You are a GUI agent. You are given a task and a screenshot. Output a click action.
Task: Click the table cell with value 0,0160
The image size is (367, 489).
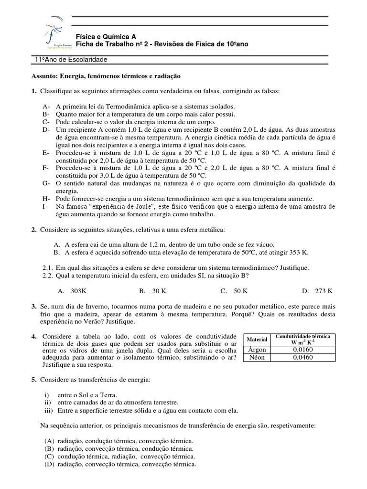point(302,350)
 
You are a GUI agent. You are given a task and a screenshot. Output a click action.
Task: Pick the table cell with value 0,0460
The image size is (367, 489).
point(302,357)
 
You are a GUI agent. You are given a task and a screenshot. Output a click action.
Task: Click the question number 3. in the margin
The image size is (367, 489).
point(34,306)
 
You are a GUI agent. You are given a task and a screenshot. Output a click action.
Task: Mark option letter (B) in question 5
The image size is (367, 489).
point(49,449)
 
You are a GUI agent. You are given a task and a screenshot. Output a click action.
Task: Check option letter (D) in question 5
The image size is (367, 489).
point(49,464)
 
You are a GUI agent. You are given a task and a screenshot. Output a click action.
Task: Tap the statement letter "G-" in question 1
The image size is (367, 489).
point(46,183)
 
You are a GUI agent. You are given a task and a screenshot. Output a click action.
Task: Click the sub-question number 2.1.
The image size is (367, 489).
point(47,267)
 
